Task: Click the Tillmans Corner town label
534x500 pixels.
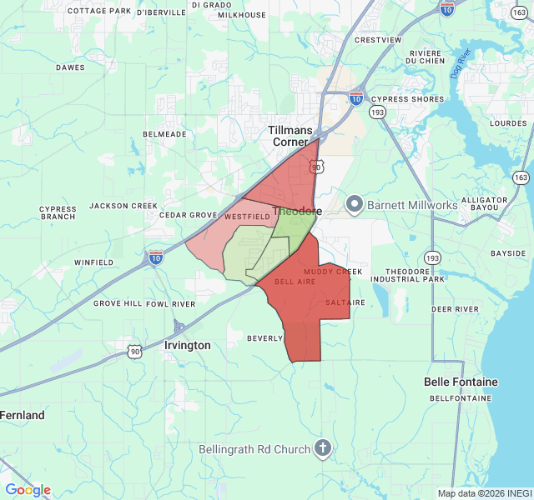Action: tap(290, 136)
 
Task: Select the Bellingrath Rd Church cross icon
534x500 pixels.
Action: tap(322, 449)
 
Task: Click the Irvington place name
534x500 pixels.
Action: tap(188, 345)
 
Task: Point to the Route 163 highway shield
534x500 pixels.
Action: tap(521, 177)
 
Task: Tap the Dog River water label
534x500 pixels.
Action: tap(461, 60)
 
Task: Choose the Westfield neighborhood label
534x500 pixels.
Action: tap(247, 217)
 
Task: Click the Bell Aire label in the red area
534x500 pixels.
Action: tap(295, 282)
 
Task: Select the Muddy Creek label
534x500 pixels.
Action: tap(333, 272)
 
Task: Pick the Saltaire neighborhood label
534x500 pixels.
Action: tap(345, 302)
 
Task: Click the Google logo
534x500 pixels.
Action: tap(28, 490)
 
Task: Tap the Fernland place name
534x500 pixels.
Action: tap(22, 415)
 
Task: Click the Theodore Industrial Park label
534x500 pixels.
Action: tap(415, 276)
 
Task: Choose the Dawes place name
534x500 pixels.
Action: tap(70, 67)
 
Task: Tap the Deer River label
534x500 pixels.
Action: tap(455, 308)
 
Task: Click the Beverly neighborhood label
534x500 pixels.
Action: tap(265, 338)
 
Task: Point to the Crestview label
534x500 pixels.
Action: tap(377, 40)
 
